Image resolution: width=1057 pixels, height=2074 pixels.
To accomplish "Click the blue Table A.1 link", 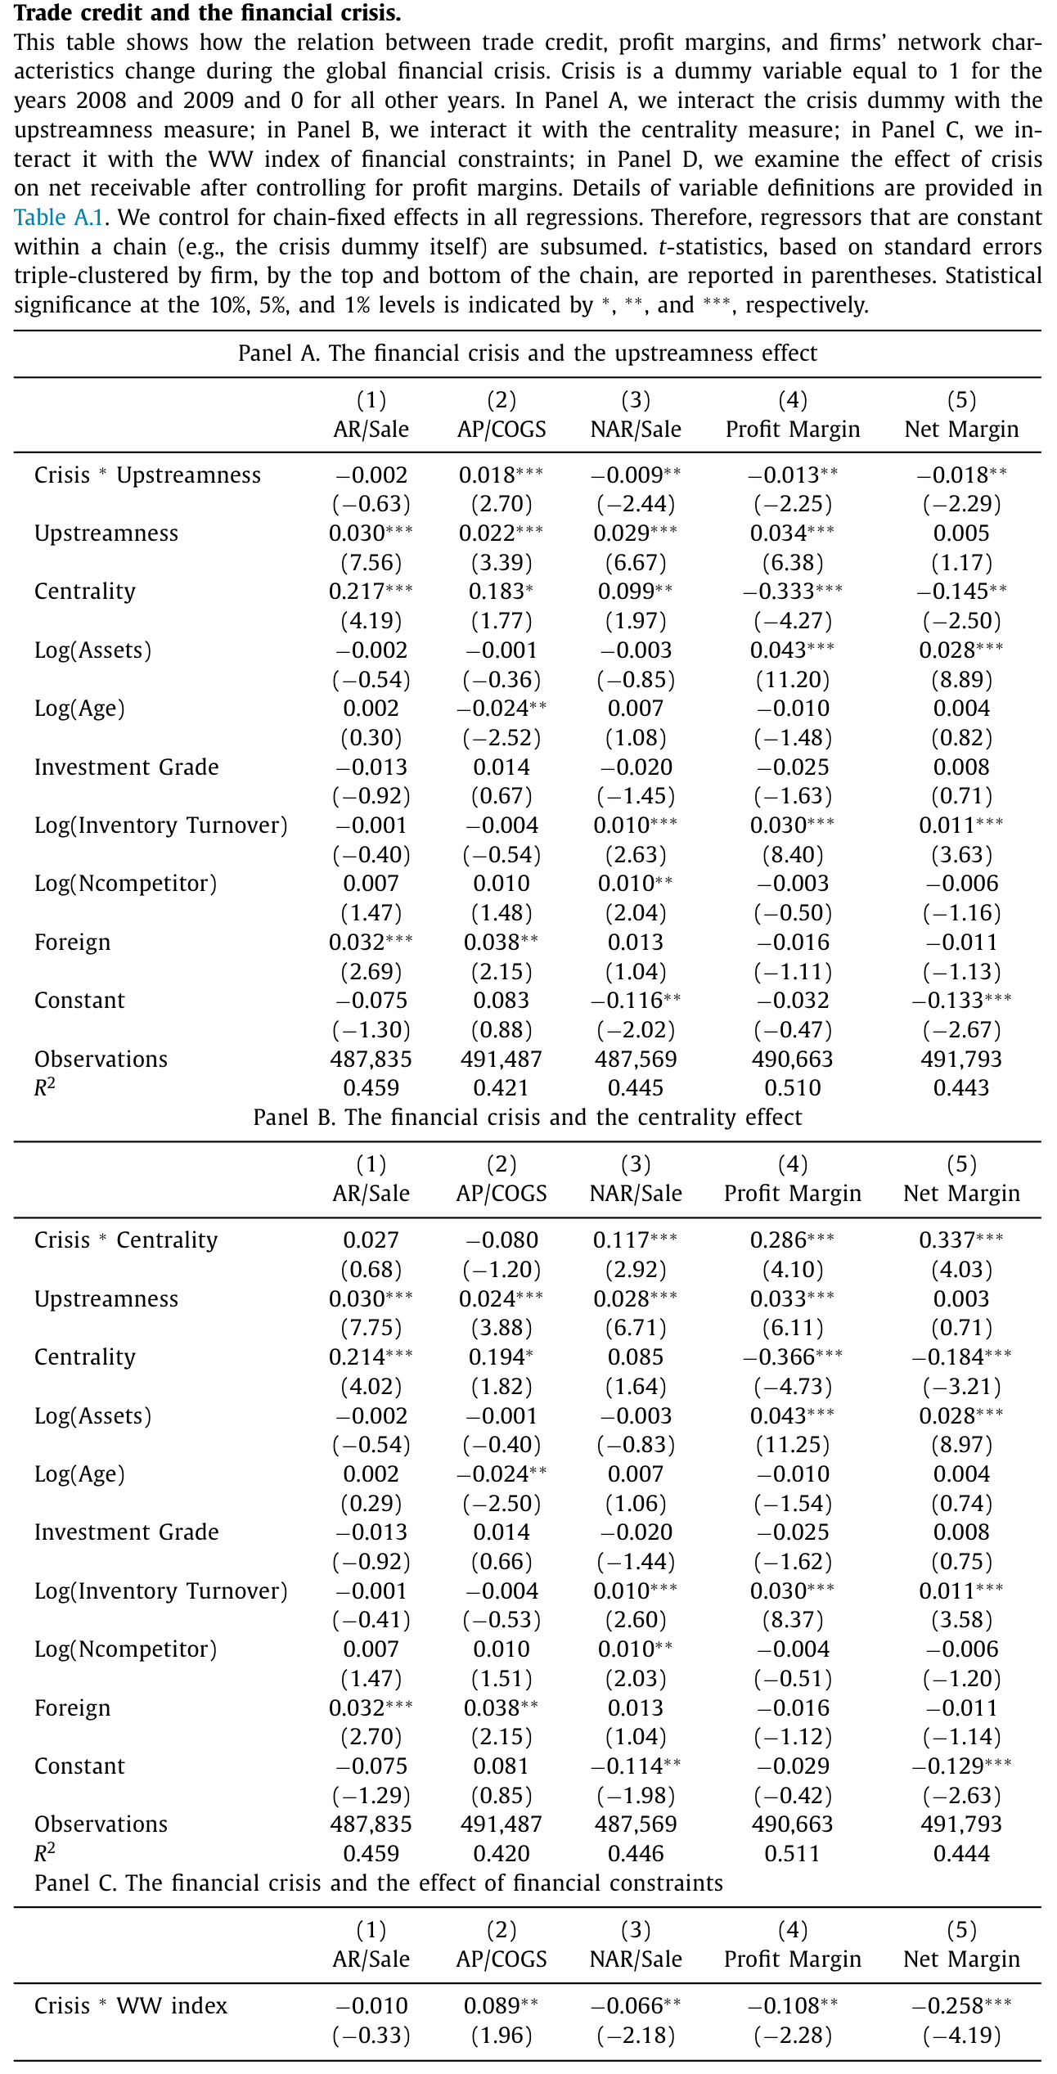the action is point(59,218).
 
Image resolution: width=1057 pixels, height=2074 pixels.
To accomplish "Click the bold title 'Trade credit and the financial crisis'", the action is point(208,13).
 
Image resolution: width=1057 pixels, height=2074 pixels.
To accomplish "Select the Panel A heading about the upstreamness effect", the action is point(528,353).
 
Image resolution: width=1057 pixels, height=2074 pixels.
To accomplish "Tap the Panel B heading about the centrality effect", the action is point(528,1118).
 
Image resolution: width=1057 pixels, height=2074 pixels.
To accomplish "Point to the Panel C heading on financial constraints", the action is point(379,1883).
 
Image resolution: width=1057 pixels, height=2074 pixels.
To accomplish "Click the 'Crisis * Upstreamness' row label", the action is point(147,475).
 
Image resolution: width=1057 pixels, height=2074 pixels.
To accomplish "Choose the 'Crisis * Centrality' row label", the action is point(126,1240).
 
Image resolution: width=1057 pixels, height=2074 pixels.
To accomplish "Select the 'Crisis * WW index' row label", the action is point(131,2006).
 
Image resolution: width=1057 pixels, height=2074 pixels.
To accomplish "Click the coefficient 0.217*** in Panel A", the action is point(371,592).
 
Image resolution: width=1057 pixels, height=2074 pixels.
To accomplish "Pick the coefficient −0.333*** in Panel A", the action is point(793,592).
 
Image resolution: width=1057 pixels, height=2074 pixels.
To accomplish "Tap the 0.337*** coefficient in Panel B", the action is point(961,1240).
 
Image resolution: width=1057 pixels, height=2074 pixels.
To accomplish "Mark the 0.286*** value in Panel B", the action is point(793,1240).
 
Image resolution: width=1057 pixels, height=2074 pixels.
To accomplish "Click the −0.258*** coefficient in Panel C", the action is point(961,2006).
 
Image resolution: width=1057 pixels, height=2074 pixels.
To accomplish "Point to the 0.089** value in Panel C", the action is point(502,2006).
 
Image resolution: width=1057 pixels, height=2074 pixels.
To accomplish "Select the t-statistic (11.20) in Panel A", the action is point(793,680).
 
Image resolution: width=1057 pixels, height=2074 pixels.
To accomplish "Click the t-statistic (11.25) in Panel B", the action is point(793,1445).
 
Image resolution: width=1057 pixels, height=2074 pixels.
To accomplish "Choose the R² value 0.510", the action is point(793,1088).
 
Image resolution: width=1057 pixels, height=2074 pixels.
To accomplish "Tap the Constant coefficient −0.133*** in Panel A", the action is point(961,1001).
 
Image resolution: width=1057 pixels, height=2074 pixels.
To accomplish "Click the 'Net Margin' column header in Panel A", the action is point(961,430).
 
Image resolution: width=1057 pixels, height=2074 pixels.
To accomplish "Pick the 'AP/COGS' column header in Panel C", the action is point(502,1959).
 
